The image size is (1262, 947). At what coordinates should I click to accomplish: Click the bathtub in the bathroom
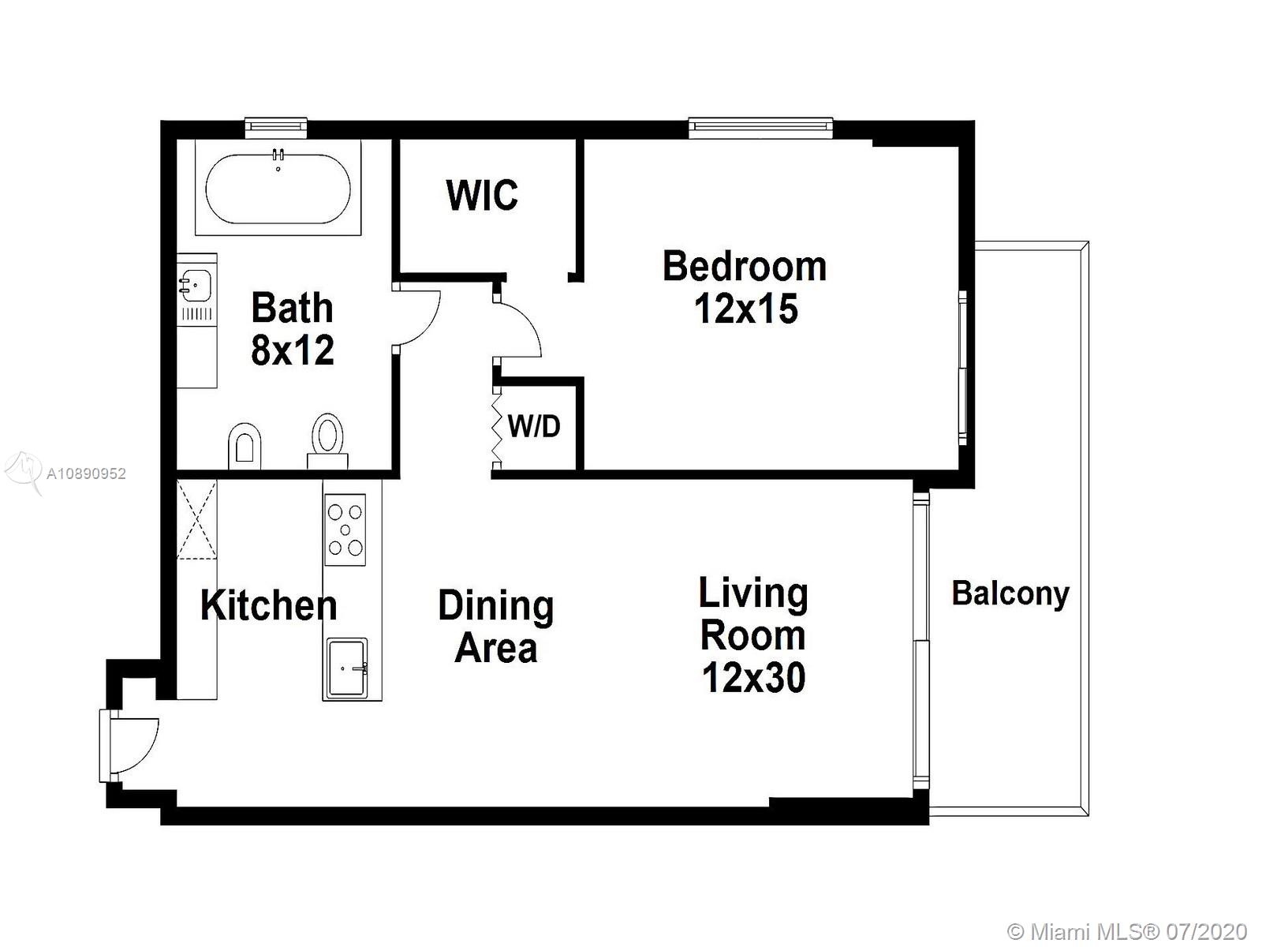278,188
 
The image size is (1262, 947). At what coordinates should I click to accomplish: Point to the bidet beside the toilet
245,446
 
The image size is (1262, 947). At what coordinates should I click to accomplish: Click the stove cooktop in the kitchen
345,529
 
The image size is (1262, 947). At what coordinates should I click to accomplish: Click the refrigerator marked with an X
196,519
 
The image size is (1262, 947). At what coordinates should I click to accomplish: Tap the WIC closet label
482,196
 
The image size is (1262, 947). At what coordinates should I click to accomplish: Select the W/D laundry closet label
533,426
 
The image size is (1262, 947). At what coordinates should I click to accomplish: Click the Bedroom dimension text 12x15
745,309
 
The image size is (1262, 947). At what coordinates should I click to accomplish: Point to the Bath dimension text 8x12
293,350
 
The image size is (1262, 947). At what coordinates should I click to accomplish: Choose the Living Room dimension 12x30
753,677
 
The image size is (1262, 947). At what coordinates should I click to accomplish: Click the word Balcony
1010,593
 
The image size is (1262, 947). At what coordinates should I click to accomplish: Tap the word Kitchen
268,605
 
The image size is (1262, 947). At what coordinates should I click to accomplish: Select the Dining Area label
495,626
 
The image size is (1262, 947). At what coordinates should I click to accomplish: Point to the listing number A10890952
86,473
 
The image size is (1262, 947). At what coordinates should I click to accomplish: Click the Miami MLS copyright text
1127,931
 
